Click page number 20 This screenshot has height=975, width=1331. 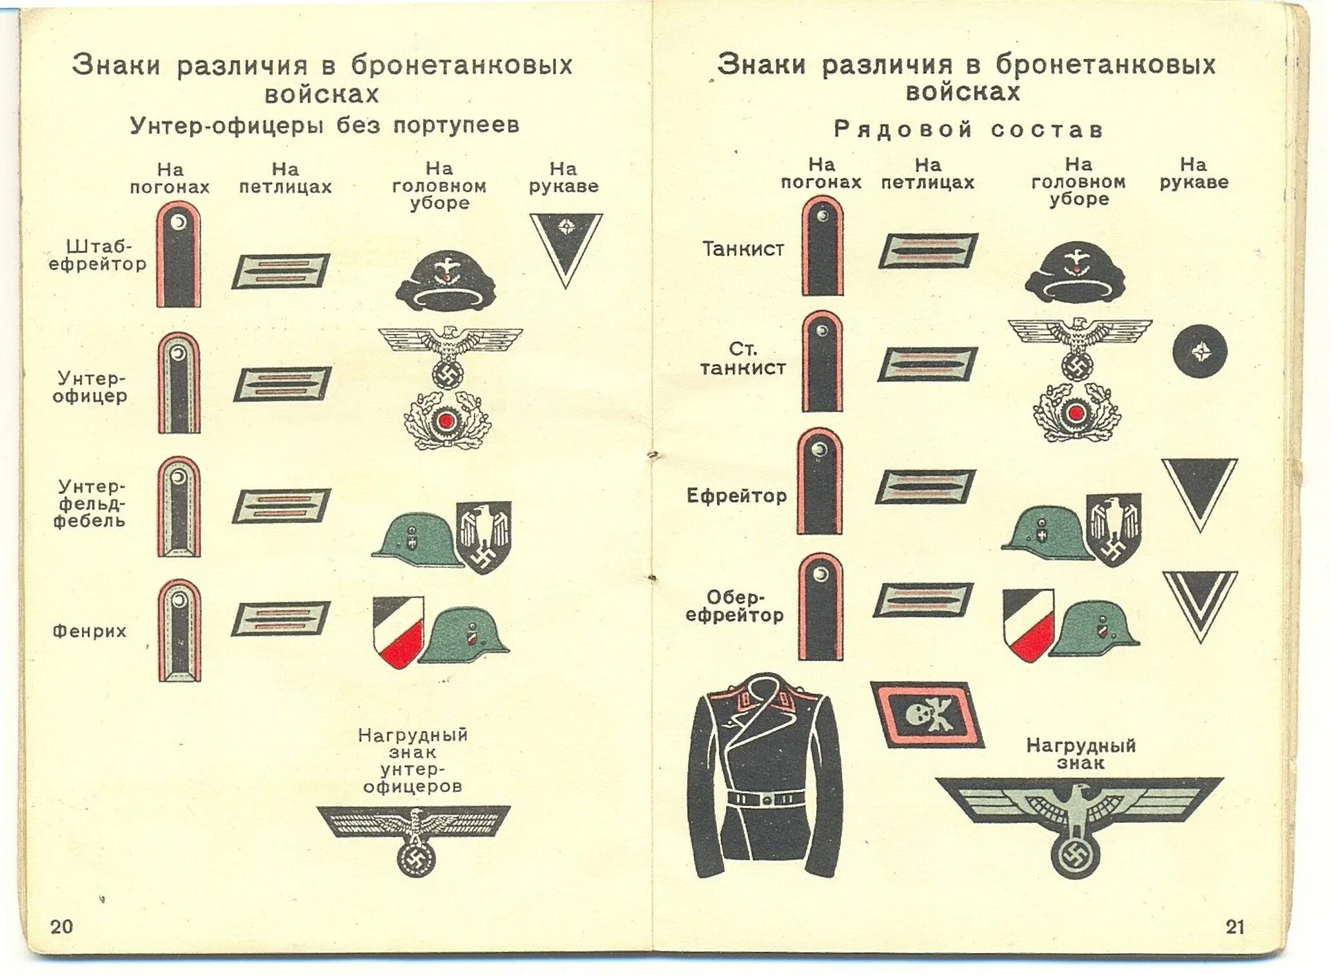point(62,927)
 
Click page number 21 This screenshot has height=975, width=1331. point(1235,927)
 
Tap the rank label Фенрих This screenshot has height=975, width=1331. point(90,631)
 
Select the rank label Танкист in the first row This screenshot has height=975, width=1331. point(744,249)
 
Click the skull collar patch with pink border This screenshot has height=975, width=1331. point(927,714)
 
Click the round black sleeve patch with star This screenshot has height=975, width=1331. point(1199,351)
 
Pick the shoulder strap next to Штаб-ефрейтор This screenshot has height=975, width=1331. point(179,254)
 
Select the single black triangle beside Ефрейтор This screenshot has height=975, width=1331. point(1199,493)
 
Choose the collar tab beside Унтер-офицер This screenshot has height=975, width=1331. point(282,384)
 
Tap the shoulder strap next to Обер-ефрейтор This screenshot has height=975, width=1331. point(820,607)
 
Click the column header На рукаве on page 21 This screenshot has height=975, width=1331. point(1194,173)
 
